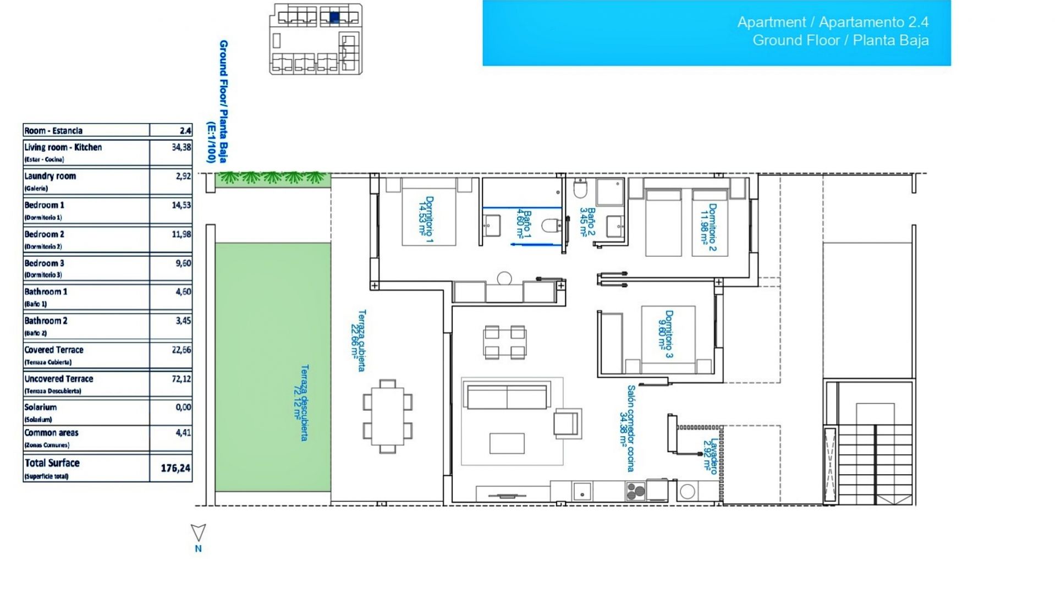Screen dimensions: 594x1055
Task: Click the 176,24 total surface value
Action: click(x=175, y=468)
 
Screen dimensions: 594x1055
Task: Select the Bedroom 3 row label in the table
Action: click(x=44, y=263)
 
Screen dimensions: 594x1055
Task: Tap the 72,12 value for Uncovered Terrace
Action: click(x=181, y=379)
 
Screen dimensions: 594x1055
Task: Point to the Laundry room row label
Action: click(x=50, y=177)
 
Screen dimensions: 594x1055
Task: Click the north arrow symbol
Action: click(x=198, y=532)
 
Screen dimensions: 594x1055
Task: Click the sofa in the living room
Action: click(x=507, y=396)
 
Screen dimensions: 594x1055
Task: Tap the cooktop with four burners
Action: click(x=635, y=491)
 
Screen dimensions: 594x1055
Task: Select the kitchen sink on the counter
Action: click(x=582, y=491)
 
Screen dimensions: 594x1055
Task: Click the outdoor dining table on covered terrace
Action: click(x=388, y=416)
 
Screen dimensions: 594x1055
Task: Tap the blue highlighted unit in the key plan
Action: click(x=334, y=17)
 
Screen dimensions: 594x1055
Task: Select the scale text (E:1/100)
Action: click(x=210, y=142)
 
